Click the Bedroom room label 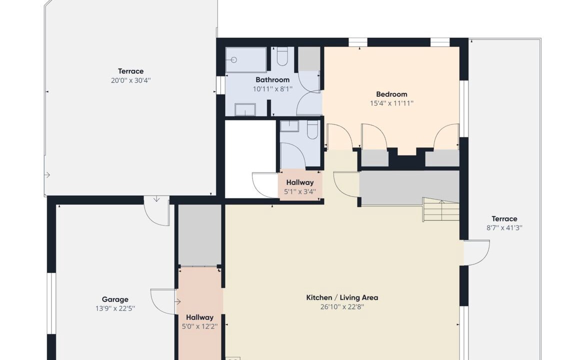point(391,94)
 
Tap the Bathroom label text point(272,80)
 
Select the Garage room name point(115,299)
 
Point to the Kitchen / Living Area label point(342,298)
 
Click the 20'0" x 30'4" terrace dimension point(130,80)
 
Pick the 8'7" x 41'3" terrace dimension point(504,227)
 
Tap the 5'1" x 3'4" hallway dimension point(300,191)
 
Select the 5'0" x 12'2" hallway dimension point(199,326)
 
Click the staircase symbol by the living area point(441,209)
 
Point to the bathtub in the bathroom point(246,59)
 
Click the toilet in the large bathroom point(282,56)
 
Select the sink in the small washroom point(289,126)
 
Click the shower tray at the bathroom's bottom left point(245,109)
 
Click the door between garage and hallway point(163,301)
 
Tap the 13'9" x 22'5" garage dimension point(115,308)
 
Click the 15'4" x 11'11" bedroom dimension point(391,103)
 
